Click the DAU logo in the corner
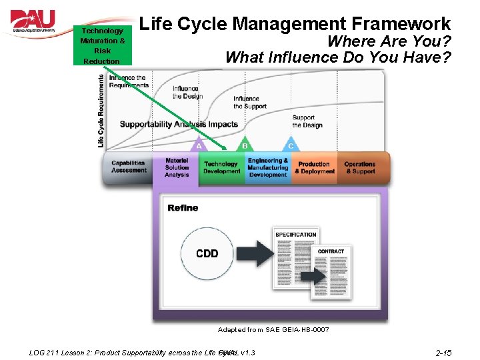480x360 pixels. point(33,23)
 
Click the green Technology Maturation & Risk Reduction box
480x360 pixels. point(102,45)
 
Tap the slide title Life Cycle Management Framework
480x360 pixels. point(296,24)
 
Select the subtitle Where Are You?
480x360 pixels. point(389,41)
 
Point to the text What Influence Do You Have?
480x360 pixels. point(338,57)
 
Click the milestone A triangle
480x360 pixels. point(199,145)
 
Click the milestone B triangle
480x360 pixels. point(245,145)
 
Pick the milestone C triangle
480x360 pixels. point(290,145)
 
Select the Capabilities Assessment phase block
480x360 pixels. point(129,167)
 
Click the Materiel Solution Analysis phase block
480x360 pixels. point(177,167)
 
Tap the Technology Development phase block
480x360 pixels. point(221,167)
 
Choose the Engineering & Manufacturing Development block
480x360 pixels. point(268,167)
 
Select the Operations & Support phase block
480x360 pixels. point(361,167)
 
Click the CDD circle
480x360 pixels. point(207,254)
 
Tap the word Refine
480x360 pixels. point(183,208)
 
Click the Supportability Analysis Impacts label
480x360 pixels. point(179,124)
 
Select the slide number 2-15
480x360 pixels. point(443,353)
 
